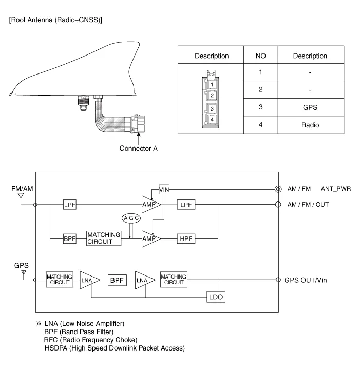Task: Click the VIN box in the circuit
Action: [164, 189]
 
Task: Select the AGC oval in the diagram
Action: [131, 218]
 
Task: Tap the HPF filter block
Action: [185, 239]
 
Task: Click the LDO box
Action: [216, 297]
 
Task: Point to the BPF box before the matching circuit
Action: [70, 239]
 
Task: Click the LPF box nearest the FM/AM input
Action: [70, 205]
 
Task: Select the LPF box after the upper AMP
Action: [185, 205]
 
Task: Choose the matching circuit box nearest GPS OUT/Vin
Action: [174, 280]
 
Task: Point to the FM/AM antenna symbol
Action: [21, 196]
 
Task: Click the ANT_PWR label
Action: [336, 189]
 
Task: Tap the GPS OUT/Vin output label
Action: [306, 280]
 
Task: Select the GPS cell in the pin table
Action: [310, 107]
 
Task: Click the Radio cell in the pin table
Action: [310, 125]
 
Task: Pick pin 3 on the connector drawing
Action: [211, 108]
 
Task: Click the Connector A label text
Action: [138, 149]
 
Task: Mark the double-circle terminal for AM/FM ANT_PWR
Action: [278, 189]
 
